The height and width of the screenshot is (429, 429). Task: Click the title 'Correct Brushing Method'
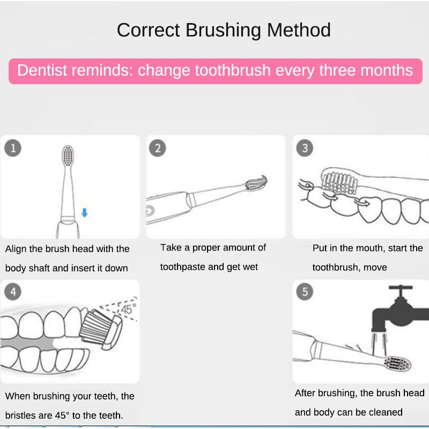[224, 30]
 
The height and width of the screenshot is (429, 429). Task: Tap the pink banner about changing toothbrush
[215, 71]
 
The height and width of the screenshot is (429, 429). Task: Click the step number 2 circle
[157, 147]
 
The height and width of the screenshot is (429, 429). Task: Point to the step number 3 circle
[305, 147]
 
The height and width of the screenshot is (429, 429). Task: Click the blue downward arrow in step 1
[84, 213]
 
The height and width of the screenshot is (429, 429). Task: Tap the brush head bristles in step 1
[68, 156]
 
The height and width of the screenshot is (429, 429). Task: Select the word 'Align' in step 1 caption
[16, 249]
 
